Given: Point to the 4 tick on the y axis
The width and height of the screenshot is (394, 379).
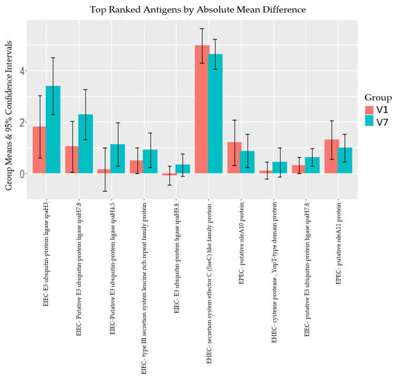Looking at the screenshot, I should click(x=25, y=71).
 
